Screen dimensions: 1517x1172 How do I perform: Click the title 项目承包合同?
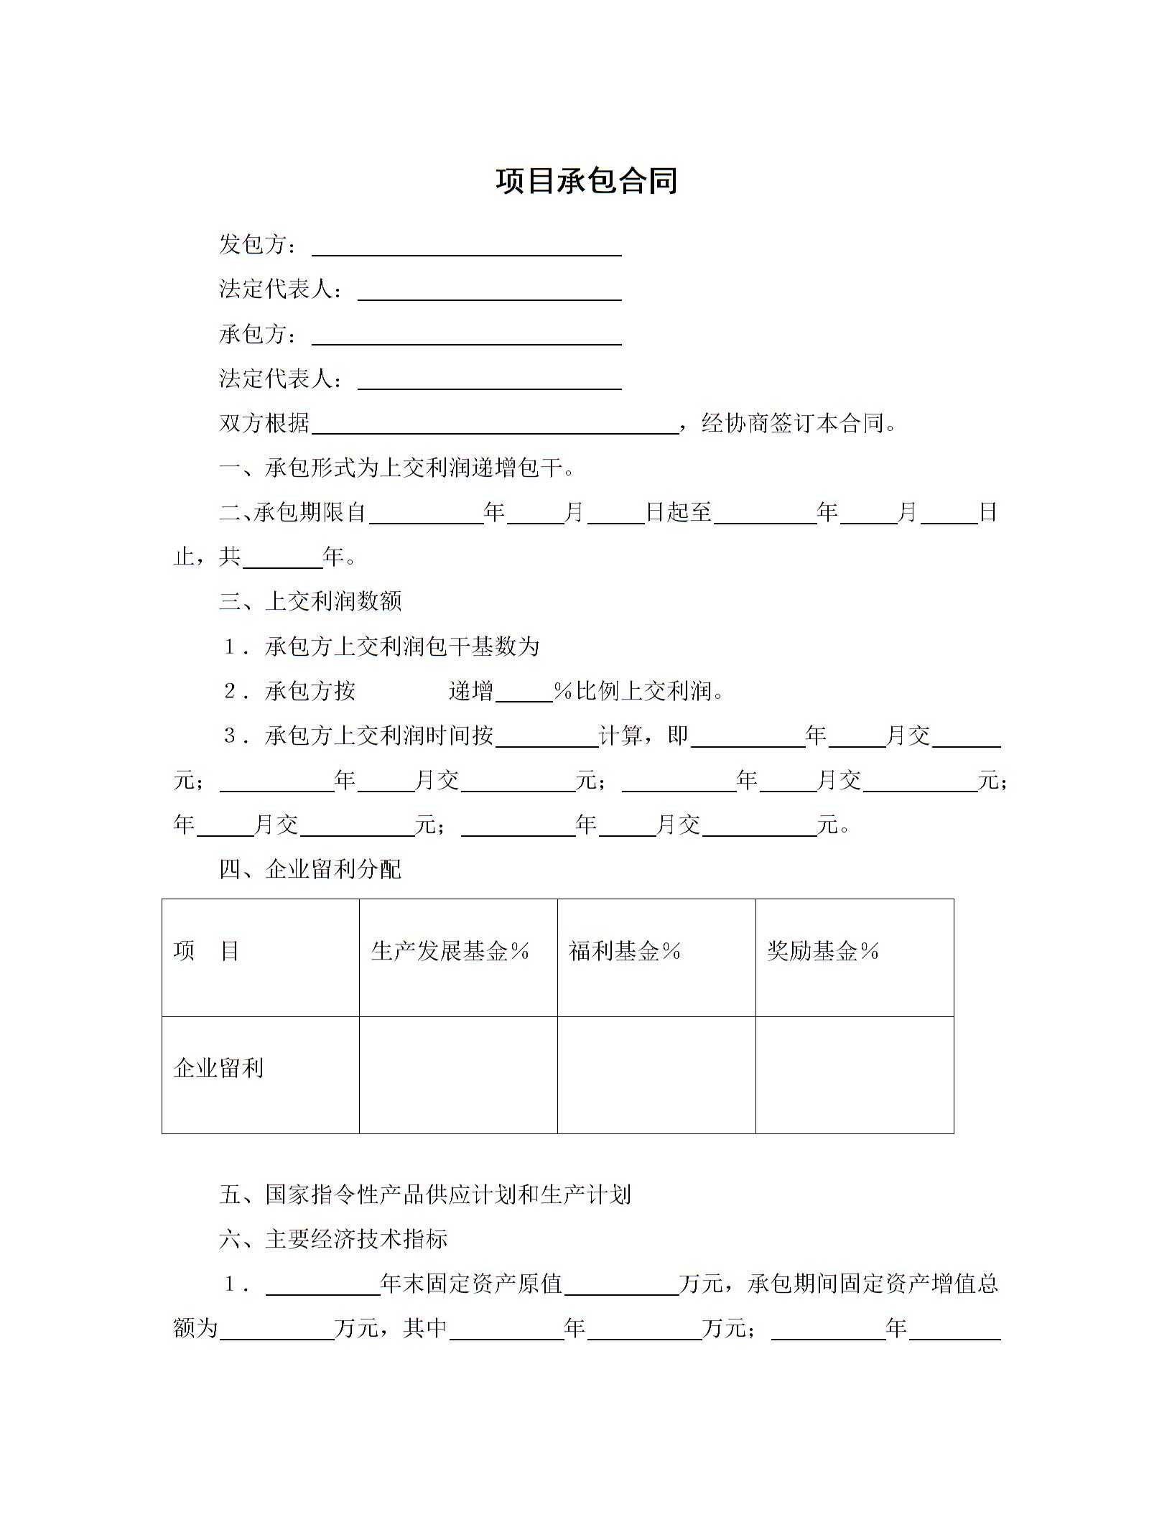click(586, 181)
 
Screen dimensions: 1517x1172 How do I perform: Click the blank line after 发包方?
click(467, 249)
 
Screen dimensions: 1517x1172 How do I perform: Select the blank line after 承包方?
click(467, 338)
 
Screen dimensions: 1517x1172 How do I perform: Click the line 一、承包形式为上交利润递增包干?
click(396, 468)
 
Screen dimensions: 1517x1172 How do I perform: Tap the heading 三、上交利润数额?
click(310, 601)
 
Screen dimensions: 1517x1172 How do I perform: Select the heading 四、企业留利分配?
click(310, 870)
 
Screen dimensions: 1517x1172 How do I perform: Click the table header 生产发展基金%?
click(450, 952)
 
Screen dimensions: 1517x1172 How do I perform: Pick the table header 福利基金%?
click(625, 952)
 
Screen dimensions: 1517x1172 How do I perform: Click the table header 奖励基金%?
click(823, 952)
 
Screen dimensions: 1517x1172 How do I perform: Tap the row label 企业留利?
click(219, 1069)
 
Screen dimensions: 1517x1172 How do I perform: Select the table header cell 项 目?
click(207, 952)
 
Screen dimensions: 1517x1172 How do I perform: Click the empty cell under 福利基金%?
click(656, 1075)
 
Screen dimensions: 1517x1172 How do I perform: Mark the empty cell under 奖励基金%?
click(855, 1075)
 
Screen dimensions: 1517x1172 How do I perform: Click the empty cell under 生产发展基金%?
click(458, 1075)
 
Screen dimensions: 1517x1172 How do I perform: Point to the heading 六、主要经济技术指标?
click(334, 1240)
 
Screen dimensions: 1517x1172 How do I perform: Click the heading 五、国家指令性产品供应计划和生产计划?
click(425, 1195)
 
